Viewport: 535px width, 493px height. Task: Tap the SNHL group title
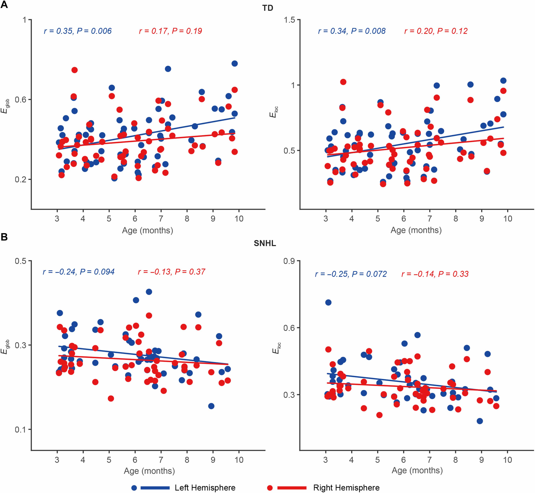265,243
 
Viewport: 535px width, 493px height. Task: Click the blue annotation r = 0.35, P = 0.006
78,31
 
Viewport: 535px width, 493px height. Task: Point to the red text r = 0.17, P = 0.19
170,31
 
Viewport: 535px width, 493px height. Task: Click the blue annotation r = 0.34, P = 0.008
352,31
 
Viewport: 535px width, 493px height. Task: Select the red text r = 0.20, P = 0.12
436,31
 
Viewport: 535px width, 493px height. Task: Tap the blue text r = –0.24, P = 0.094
79,272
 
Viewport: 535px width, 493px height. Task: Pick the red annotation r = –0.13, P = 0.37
171,272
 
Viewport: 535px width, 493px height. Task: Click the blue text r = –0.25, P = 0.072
351,274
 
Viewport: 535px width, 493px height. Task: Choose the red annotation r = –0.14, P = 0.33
435,274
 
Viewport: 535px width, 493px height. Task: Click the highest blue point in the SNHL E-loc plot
328,302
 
